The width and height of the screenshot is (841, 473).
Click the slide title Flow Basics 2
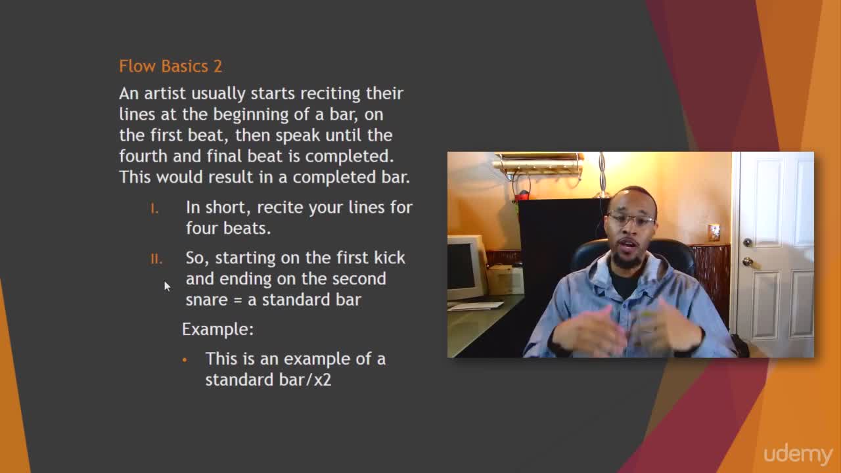[170, 66]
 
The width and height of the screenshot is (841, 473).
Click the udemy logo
[798, 455]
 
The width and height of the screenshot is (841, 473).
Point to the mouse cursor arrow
[167, 286]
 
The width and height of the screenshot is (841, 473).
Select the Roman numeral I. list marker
[154, 209]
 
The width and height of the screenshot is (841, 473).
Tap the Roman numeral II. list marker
[156, 259]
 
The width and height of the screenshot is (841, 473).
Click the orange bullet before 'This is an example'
[185, 360]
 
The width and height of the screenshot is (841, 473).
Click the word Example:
[217, 329]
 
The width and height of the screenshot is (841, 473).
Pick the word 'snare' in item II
[207, 300]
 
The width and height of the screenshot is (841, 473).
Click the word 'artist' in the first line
[165, 93]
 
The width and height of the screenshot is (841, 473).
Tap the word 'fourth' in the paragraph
[143, 156]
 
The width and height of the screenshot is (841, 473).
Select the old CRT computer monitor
[466, 267]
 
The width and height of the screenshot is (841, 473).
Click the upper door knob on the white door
[748, 242]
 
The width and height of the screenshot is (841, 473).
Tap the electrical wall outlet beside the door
[714, 233]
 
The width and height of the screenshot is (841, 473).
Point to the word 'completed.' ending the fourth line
[349, 156]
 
